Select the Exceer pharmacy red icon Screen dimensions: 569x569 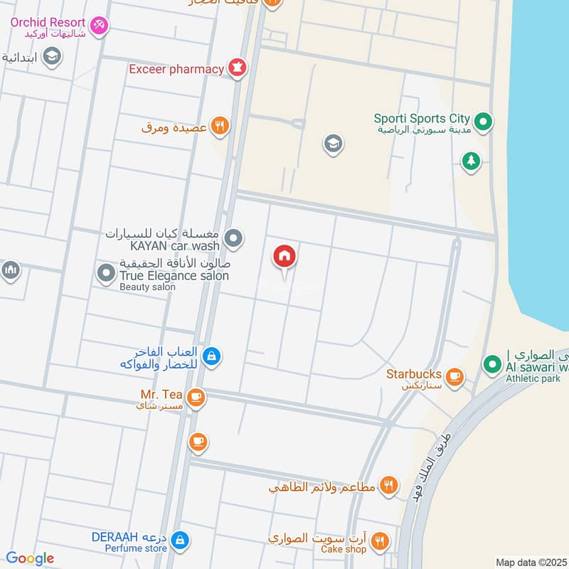click(237, 69)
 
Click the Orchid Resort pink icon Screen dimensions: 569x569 click(100, 25)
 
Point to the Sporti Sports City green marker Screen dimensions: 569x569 click(483, 123)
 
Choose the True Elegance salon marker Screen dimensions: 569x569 click(106, 272)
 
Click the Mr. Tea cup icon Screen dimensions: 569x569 click(197, 398)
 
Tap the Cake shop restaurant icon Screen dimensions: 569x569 click(381, 541)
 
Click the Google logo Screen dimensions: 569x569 click(31, 558)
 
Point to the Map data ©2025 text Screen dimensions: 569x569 click(529, 562)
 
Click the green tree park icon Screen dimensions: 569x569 click(470, 161)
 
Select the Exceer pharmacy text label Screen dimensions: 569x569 click(176, 69)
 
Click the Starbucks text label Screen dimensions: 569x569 click(414, 373)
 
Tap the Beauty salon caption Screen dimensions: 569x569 click(147, 287)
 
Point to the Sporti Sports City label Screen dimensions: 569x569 click(424, 118)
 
